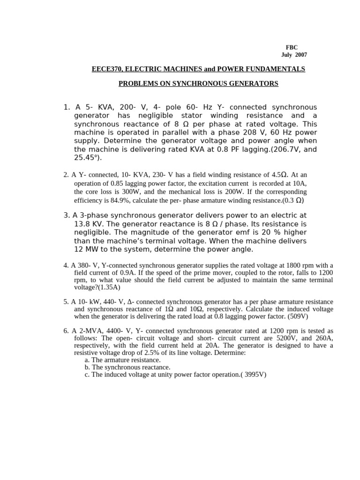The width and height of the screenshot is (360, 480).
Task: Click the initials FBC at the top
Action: pos(292,48)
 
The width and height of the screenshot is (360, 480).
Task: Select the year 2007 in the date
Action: pos(301,55)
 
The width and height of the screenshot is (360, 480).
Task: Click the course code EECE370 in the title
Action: pos(106,69)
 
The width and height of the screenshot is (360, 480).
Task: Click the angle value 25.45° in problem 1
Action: pos(87,158)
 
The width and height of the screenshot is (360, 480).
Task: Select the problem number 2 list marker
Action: pos(66,175)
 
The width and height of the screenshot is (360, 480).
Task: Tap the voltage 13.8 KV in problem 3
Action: pos(90,224)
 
